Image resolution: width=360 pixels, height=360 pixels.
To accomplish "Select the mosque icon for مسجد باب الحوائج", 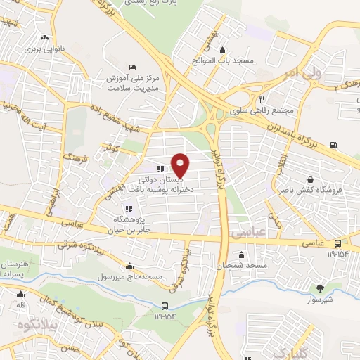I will [x=223, y=50].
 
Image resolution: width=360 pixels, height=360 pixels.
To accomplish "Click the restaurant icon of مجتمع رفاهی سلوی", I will [x=261, y=99].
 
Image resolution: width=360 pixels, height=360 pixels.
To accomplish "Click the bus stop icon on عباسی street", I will [x=339, y=243].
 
